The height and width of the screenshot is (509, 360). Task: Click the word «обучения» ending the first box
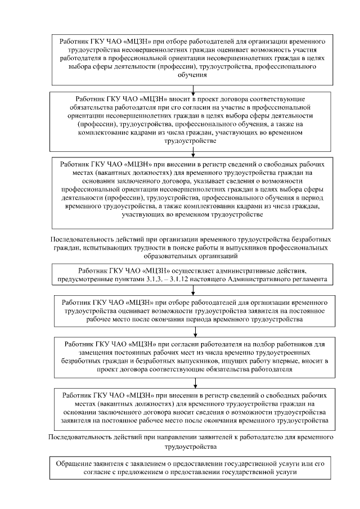[x=193, y=74]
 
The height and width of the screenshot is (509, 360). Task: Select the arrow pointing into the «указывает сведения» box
[x=193, y=151]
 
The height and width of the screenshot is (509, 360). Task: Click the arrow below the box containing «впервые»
[x=193, y=382]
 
